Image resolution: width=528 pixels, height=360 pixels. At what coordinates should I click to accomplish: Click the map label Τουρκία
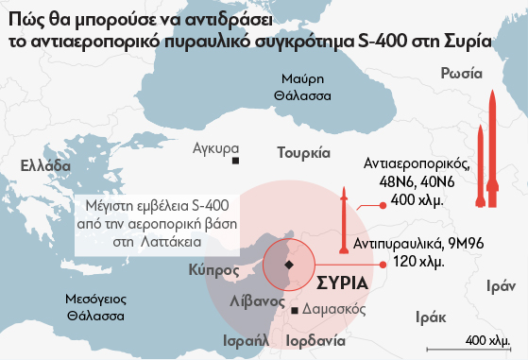click(303, 152)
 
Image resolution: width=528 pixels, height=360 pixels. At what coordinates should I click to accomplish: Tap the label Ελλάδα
click(45, 165)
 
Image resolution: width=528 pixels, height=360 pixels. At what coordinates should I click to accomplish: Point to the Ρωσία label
click(461, 74)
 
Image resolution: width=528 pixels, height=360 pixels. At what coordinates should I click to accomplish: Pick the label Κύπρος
click(212, 269)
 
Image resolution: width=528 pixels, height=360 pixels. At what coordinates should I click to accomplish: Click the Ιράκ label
click(430, 317)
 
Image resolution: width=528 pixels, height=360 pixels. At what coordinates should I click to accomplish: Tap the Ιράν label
click(500, 284)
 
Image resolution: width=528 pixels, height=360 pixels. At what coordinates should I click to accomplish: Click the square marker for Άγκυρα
click(235, 162)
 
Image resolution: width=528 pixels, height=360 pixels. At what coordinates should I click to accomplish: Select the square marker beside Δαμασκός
click(295, 311)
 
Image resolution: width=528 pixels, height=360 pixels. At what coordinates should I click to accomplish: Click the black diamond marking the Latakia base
click(289, 266)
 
